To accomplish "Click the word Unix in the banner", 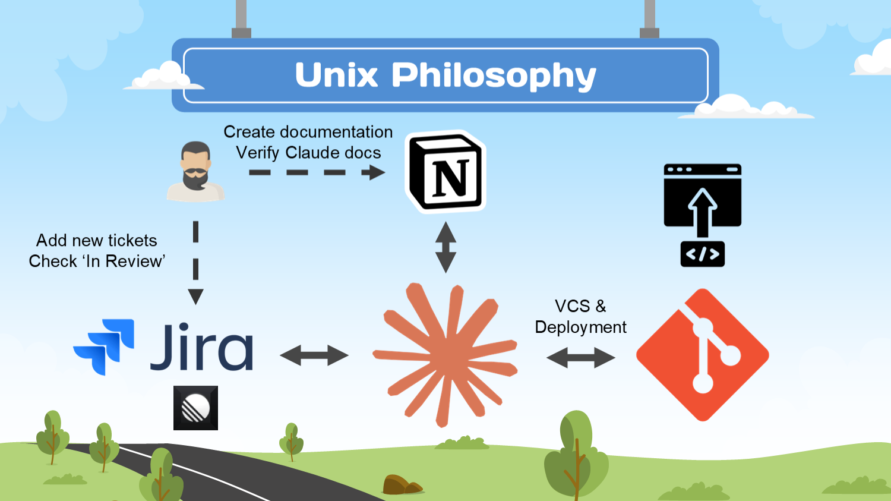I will [336, 75].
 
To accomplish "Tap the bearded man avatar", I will [195, 171].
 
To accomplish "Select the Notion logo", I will [446, 172].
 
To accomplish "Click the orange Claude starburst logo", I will [445, 355].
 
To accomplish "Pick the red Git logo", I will [703, 355].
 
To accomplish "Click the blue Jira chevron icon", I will [105, 346].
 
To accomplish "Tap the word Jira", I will [202, 348].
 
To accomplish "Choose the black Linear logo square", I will [195, 408].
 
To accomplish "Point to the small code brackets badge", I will [702, 254].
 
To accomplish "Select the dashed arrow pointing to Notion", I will [317, 173].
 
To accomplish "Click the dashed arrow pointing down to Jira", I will [195, 262].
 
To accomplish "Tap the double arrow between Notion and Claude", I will [445, 247].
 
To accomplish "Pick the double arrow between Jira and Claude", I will [314, 355].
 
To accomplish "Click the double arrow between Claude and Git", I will [580, 357].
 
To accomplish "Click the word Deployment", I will [580, 327].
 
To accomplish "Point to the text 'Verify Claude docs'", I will [308, 153].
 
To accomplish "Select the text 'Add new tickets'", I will [97, 240].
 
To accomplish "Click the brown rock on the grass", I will [400, 485].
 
